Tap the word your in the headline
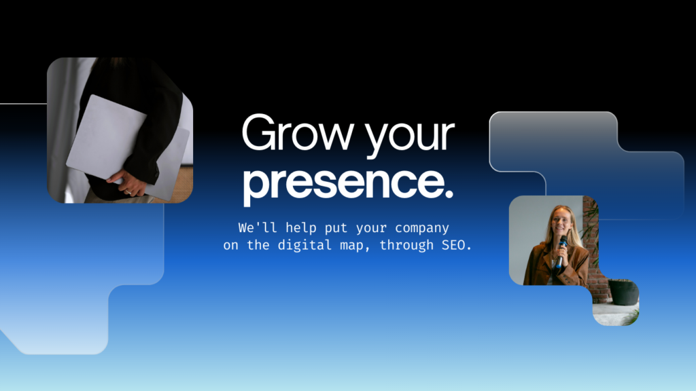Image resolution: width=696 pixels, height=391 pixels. [x=411, y=136]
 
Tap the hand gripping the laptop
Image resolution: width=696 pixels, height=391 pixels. [x=131, y=183]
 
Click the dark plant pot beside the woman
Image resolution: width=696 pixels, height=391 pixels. [x=623, y=292]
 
